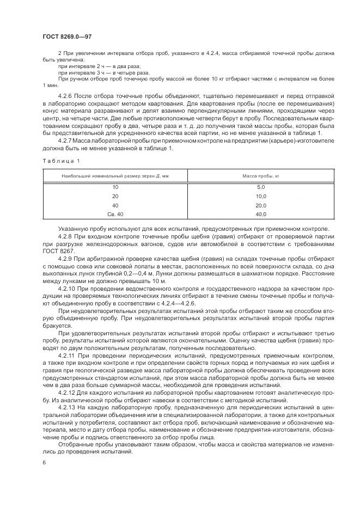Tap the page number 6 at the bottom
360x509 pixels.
point(44,462)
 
